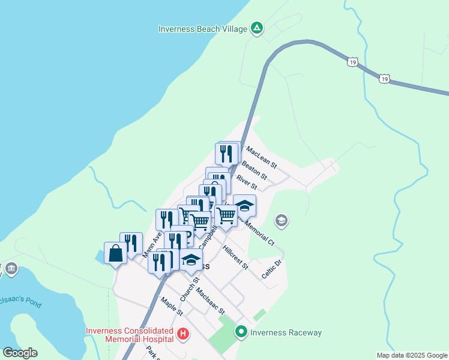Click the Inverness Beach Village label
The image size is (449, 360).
click(203, 29)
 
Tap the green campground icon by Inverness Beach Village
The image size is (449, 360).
click(257, 28)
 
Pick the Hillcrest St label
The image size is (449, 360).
click(235, 257)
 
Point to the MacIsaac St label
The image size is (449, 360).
click(210, 302)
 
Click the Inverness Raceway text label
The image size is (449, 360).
click(286, 332)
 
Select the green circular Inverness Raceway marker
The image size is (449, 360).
click(241, 331)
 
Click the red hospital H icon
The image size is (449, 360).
click(183, 334)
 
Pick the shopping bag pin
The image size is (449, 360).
click(115, 254)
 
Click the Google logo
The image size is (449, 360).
click(20, 353)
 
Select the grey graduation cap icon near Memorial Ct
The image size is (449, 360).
click(281, 221)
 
